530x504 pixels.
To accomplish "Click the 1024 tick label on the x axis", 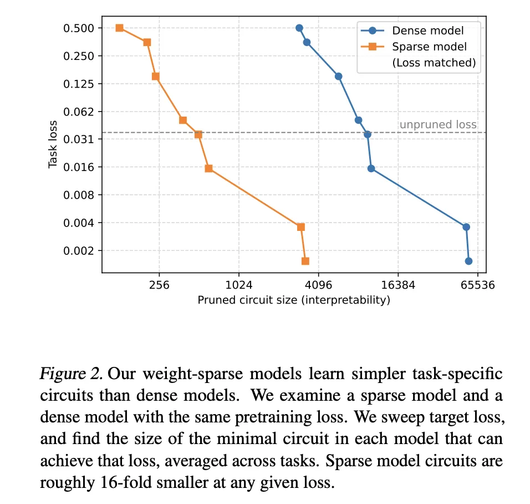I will coord(238,286).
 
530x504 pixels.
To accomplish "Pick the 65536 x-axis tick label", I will coord(478,286).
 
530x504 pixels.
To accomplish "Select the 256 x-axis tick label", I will coord(159,286).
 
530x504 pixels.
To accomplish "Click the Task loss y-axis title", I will coord(53,145).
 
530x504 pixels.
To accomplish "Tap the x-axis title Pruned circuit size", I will coord(293,300).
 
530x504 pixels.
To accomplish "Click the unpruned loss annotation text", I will coord(438,125).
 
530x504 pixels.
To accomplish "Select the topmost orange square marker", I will coord(119,28).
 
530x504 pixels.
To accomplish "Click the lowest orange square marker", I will coord(305,261).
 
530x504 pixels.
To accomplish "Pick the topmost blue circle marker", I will coord(299,28).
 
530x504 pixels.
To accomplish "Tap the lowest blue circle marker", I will coord(468,261).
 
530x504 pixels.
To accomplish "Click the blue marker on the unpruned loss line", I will coord(367,134).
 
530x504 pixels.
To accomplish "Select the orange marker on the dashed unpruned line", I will coord(198,134).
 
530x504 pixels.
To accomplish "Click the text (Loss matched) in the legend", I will coord(434,63).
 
